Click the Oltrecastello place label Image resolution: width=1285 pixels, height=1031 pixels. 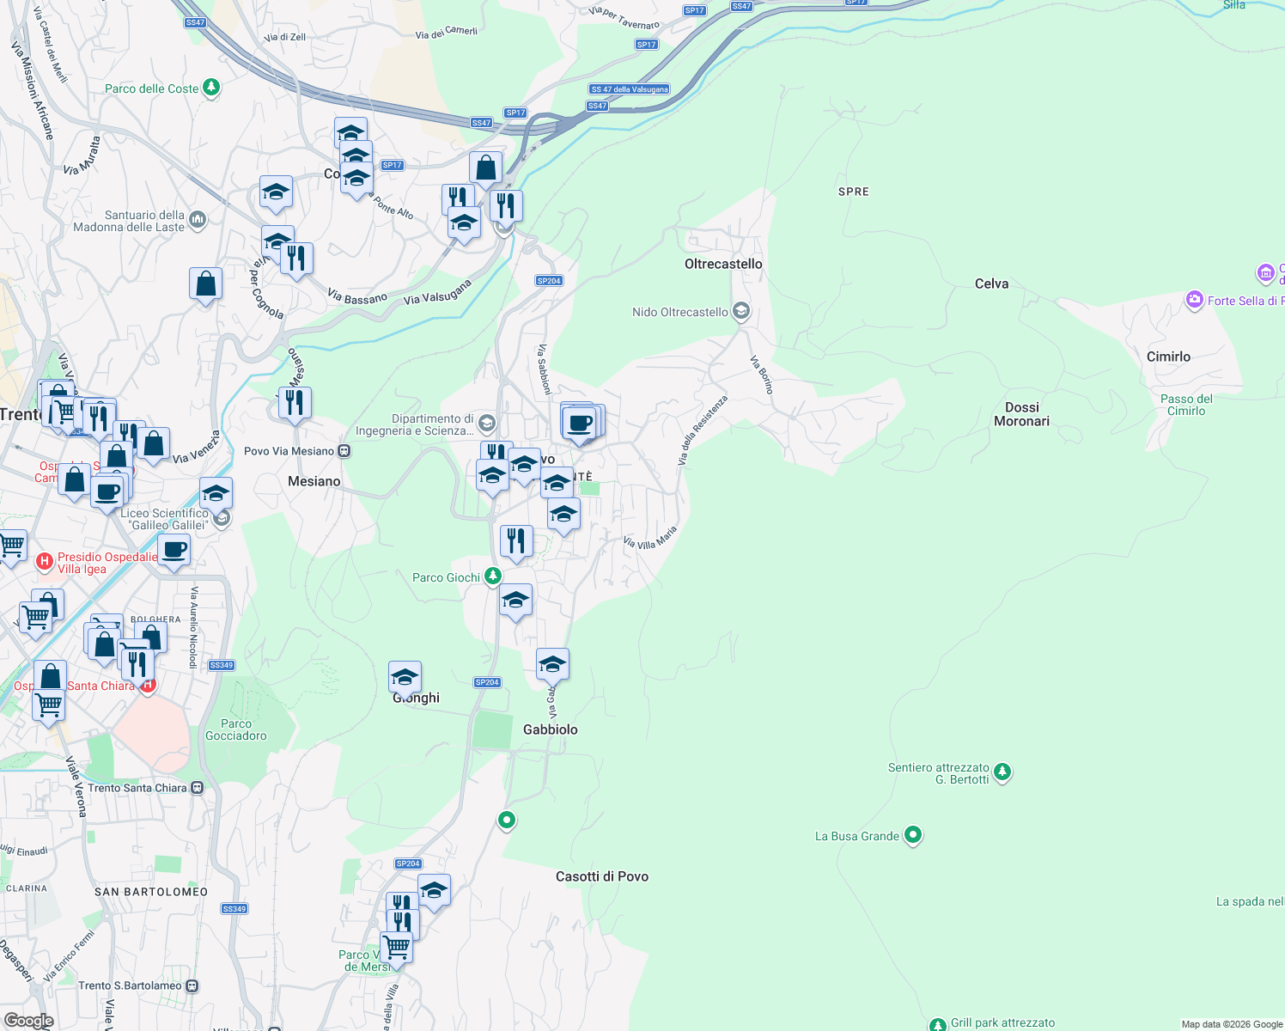point(723,264)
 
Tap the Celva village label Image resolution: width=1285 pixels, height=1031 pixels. point(991,284)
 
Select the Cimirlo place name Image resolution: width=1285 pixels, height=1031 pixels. point(1168,357)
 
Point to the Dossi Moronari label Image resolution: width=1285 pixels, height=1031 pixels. point(1021,414)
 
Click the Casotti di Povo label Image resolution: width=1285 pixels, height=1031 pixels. point(601,876)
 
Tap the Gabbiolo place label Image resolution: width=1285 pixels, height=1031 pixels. point(550,729)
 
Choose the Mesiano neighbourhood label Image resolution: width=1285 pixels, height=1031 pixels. point(314,481)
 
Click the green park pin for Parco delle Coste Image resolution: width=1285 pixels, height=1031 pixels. point(210,88)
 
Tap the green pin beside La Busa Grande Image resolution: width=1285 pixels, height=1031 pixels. point(913,835)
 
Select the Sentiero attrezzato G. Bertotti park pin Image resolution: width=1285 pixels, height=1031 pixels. point(1002,773)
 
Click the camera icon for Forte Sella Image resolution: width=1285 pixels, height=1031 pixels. point(1194,300)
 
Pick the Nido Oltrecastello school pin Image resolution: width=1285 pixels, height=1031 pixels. point(741,311)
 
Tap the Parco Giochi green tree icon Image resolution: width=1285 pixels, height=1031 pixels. point(492,577)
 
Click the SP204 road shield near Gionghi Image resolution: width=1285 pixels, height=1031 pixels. point(487,682)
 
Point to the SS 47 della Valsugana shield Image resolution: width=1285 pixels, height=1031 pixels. point(630,89)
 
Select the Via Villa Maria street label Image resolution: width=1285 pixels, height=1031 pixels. point(650,538)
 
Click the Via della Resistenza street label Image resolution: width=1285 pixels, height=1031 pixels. point(702,430)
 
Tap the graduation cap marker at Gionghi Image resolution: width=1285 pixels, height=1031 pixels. point(405,677)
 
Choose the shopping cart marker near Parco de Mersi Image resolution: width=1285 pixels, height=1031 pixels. point(396,948)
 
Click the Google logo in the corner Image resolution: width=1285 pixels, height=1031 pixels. point(28,1021)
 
